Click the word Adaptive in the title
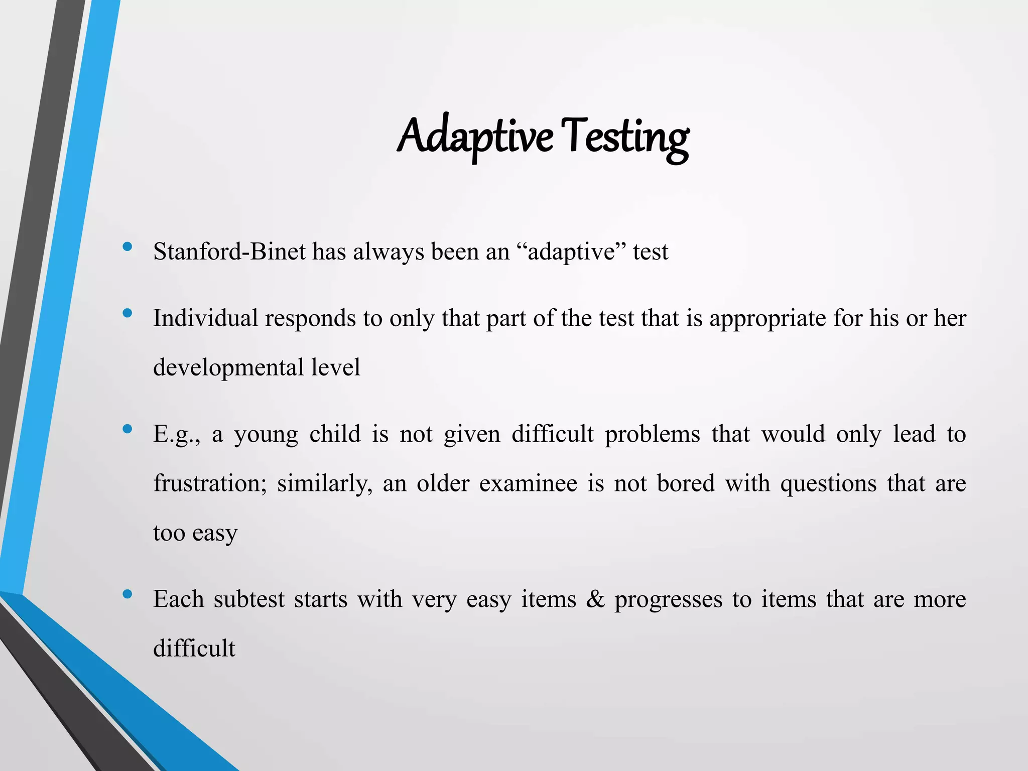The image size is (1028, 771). coord(474,137)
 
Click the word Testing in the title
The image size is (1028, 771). coord(624,137)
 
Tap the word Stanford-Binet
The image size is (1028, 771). coord(229,251)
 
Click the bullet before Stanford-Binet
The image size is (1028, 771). coord(127,246)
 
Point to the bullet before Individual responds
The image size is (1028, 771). coord(127,313)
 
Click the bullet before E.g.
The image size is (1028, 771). coord(127,429)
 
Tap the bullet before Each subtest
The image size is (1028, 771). coord(127,594)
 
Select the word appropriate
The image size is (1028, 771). coord(767,318)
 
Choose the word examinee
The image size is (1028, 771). coord(528,483)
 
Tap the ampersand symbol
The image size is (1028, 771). coord(595,599)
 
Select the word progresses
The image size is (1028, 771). coord(668,599)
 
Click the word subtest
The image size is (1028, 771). coord(249,599)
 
